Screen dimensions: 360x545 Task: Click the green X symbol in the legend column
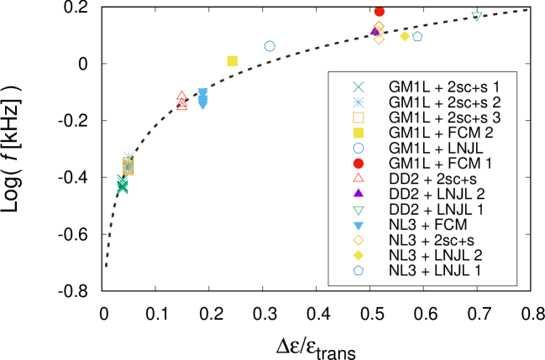coord(359,87)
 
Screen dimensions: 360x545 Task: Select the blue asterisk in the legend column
coord(359,102)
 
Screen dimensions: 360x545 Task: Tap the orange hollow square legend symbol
coord(359,117)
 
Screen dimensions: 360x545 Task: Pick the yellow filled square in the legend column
coord(359,133)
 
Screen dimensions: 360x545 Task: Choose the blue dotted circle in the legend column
coord(359,148)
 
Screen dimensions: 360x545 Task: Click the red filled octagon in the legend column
coord(359,164)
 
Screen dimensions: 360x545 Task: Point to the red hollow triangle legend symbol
coord(359,178)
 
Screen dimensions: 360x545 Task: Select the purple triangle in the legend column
coord(359,193)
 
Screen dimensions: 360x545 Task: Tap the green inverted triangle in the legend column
coord(359,210)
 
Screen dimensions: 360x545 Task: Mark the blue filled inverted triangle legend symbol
coord(359,226)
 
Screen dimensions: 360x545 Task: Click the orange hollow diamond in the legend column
coord(359,240)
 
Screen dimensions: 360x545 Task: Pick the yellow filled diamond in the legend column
coord(359,255)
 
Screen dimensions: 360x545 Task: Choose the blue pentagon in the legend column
coord(359,270)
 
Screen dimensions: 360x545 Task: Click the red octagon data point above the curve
coord(379,13)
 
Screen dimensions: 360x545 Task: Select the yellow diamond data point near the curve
coord(405,36)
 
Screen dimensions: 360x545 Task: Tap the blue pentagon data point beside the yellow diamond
coord(417,37)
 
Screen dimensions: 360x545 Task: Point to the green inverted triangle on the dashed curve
coord(476,16)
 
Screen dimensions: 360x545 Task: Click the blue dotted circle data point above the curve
coord(270,46)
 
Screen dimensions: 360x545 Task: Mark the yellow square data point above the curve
coord(233,61)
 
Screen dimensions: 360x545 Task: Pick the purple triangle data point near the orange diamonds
coord(374,32)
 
